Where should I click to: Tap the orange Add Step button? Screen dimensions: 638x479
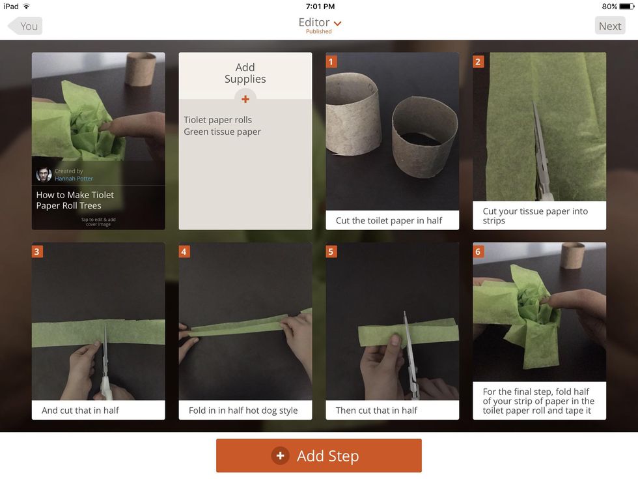point(318,456)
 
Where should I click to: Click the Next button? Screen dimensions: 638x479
point(610,26)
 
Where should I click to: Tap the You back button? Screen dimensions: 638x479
point(25,26)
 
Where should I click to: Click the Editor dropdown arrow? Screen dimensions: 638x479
point(337,23)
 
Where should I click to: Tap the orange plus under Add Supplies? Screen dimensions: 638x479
point(245,99)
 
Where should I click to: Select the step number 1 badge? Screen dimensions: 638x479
point(331,62)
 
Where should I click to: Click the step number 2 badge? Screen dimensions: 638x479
point(478,62)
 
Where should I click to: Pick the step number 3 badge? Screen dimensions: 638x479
point(37,252)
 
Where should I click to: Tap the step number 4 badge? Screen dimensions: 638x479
point(184,252)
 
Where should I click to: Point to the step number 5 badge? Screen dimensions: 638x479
point(331,252)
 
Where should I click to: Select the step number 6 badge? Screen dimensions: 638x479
point(478,252)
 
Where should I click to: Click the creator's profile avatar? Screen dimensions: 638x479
point(44,175)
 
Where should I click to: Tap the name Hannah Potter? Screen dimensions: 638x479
point(74,179)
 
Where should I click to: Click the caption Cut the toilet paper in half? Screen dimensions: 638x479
point(389,220)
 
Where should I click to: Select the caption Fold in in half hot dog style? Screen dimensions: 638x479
point(243,410)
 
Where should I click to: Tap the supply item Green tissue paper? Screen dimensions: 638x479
point(222,132)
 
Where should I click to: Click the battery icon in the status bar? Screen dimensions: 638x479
point(626,7)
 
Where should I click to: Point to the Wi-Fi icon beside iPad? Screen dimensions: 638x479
point(27,6)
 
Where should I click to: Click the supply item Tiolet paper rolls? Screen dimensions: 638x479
point(217,120)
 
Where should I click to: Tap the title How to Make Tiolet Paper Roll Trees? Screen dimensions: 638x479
point(75,200)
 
